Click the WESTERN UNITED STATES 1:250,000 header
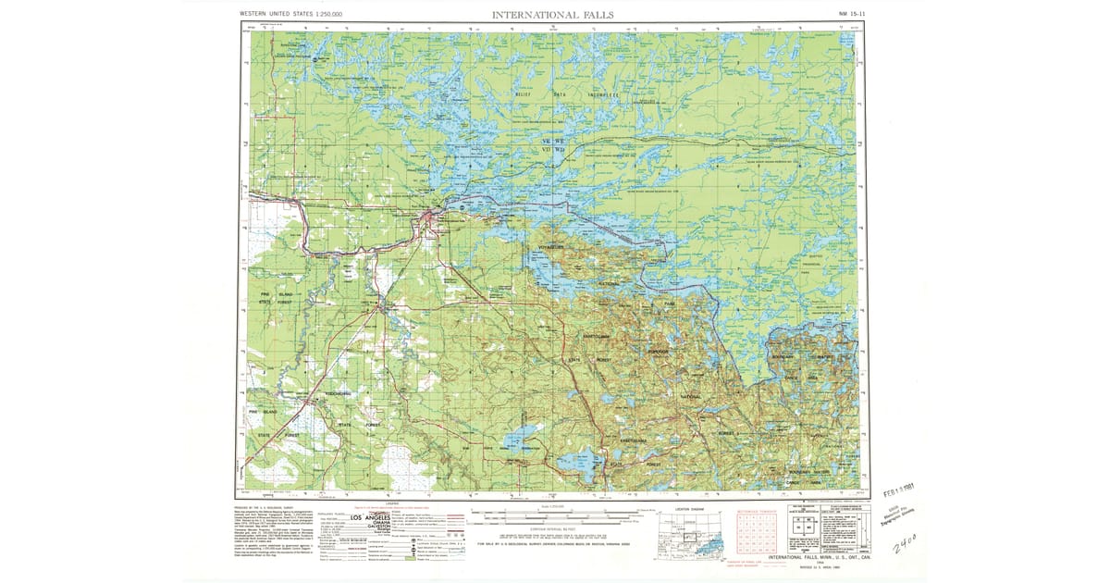(x=290, y=15)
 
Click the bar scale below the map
(x=555, y=512)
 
